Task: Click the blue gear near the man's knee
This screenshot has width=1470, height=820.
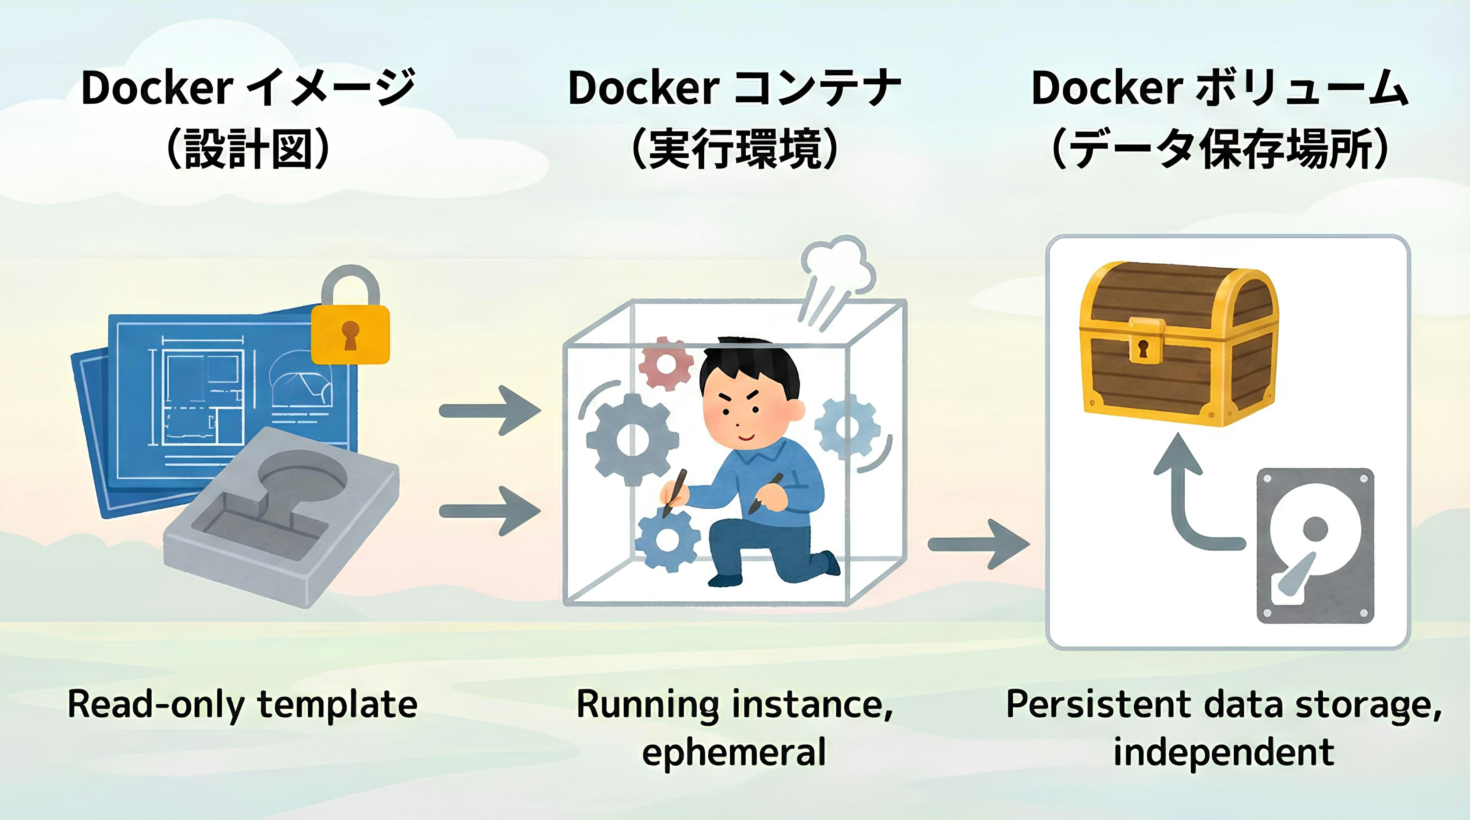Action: (667, 539)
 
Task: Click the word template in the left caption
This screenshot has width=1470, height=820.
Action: (338, 705)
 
